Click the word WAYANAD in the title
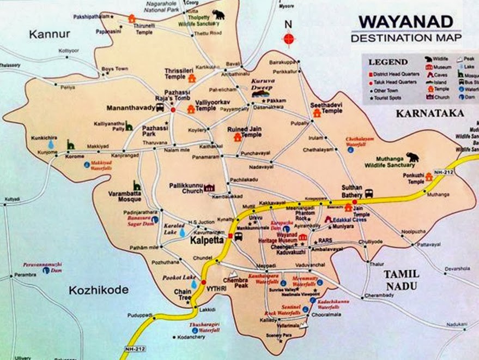(405, 22)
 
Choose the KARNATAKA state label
(430, 113)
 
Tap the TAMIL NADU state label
(401, 279)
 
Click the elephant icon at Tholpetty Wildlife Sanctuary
(219, 15)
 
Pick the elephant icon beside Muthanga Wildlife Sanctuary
(412, 157)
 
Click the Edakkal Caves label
(355, 218)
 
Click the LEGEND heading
(388, 62)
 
